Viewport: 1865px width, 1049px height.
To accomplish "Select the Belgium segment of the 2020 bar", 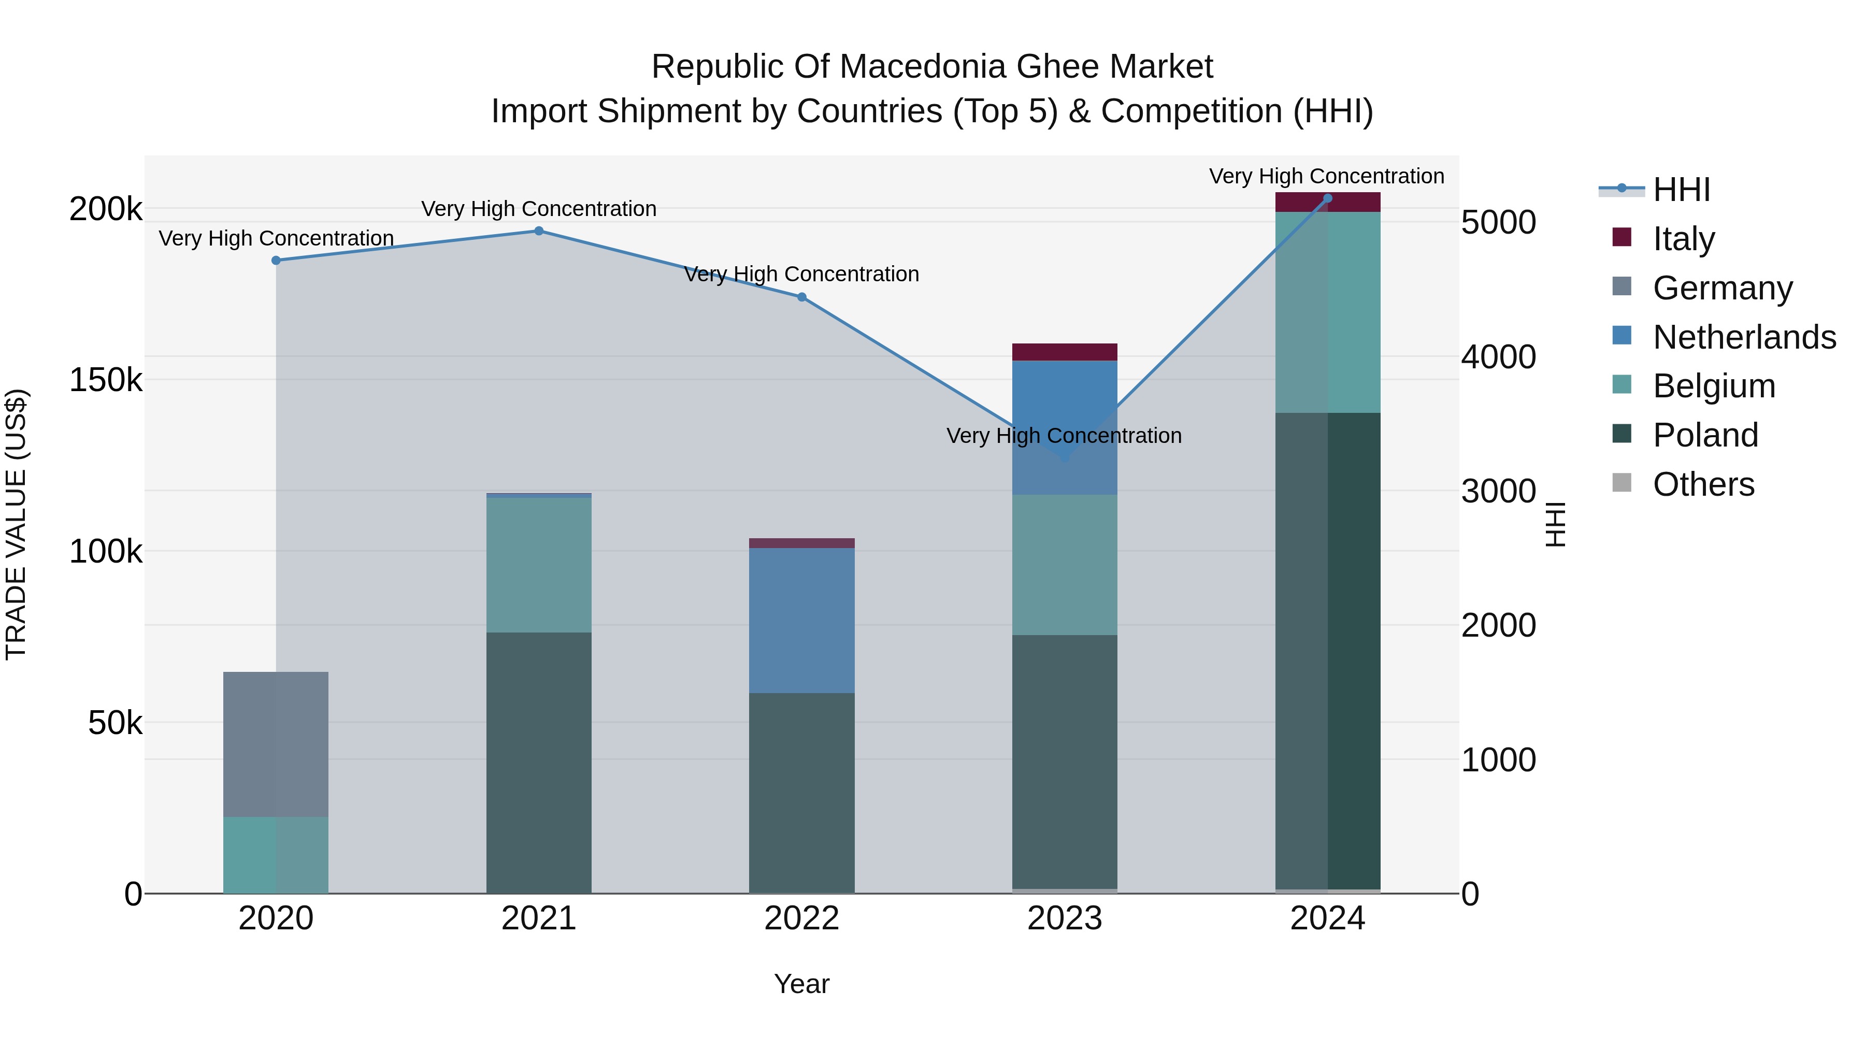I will pyautogui.click(x=275, y=854).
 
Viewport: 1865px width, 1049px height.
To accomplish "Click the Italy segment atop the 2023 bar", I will pyautogui.click(x=1064, y=352).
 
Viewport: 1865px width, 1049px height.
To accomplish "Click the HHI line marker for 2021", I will pyautogui.click(x=539, y=231).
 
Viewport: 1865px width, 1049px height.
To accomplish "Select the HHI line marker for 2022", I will pyautogui.click(x=801, y=297).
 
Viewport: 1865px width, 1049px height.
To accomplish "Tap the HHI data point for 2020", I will pyautogui.click(x=276, y=261).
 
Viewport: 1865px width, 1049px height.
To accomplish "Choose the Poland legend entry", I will pyautogui.click(x=1705, y=435).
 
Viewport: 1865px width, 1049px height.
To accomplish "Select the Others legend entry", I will pyautogui.click(x=1703, y=484).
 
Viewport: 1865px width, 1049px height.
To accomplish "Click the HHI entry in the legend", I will pyautogui.click(x=1681, y=190).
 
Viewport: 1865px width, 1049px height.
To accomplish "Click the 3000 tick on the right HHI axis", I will pyautogui.click(x=1498, y=491).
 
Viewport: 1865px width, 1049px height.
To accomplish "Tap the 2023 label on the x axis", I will pyautogui.click(x=1064, y=918).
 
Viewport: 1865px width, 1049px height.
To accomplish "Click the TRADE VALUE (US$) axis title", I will pyautogui.click(x=16, y=524).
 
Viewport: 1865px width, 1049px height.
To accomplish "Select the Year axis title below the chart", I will pyautogui.click(x=801, y=984).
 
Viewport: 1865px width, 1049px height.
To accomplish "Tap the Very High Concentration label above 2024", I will pyautogui.click(x=1326, y=176).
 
